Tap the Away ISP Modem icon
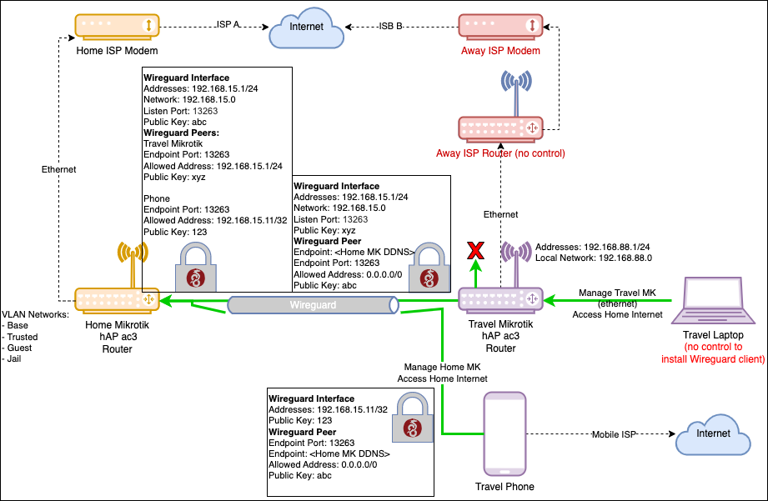[500, 25]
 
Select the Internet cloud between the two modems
[306, 30]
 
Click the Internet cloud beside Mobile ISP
[714, 435]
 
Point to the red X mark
[476, 249]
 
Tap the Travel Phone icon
[505, 433]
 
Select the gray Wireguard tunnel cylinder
[313, 305]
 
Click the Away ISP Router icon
[499, 128]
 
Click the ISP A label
[227, 26]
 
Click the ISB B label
[390, 26]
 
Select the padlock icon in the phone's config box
[410, 418]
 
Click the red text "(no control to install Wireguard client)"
[714, 353]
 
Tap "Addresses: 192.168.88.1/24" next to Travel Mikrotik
[592, 248]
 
